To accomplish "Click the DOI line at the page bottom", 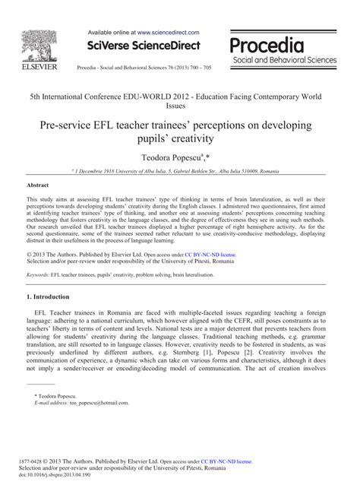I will [59, 475].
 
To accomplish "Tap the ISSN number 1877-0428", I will [42, 461].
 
